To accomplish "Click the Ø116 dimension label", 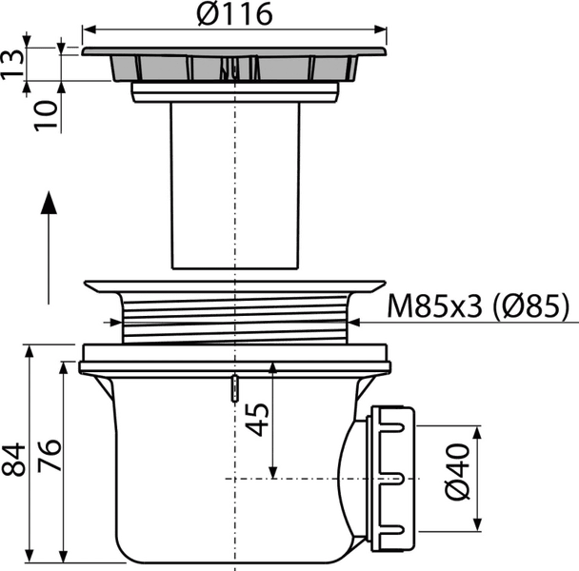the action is click(x=235, y=14).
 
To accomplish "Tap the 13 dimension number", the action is click(x=12, y=64).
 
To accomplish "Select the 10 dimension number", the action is click(x=46, y=115).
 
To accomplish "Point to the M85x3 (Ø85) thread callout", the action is click(x=477, y=306).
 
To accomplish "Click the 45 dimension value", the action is click(x=257, y=420).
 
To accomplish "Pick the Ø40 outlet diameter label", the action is click(x=458, y=472).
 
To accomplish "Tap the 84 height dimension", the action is click(x=13, y=459).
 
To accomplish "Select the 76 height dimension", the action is click(x=50, y=455).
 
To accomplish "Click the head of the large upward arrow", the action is click(x=49, y=203).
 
